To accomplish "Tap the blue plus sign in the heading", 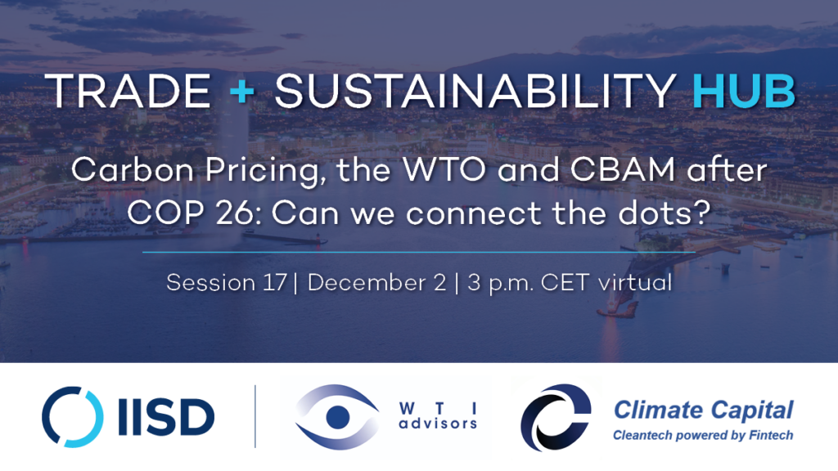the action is click(242, 92).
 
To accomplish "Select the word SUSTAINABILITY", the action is click(475, 92).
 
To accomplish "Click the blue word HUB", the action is click(743, 92).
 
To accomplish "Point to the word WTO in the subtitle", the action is click(444, 170).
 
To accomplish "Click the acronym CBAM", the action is click(623, 170).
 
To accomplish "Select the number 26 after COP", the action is click(240, 213).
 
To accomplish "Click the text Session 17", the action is click(227, 282).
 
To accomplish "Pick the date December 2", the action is click(376, 282).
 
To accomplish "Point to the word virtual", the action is click(635, 282).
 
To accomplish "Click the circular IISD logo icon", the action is click(73, 417).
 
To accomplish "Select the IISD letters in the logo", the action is click(166, 417).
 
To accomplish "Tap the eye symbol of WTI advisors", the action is click(337, 417).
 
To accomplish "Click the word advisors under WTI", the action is click(439, 424).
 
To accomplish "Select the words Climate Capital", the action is click(703, 410).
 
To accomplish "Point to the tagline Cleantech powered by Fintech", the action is click(703, 436).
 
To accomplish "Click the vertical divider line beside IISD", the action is click(255, 416).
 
